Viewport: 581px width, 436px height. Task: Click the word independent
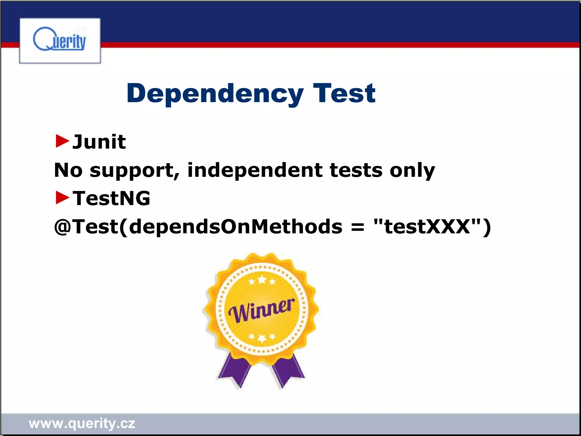point(254,170)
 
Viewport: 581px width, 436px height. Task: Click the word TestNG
point(111,198)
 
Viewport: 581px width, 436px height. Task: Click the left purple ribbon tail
point(234,370)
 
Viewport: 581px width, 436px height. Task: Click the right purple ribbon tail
point(288,370)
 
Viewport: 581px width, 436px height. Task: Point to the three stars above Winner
point(262,281)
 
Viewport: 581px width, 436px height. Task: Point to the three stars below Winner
point(262,338)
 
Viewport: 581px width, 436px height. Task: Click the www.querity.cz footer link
point(82,424)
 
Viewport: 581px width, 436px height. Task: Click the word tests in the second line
point(356,170)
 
